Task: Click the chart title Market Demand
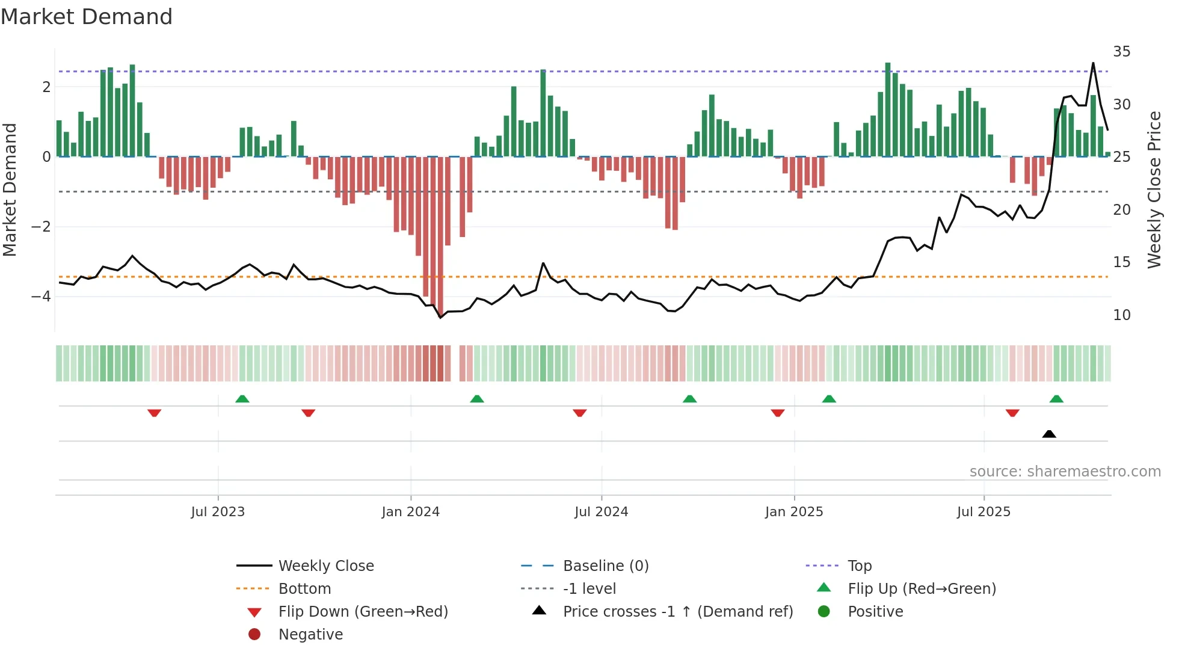87,17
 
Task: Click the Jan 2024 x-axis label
410,512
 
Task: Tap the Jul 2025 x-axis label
984,512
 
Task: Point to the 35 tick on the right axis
1121,52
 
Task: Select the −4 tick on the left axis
41,297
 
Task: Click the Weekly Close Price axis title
1154,190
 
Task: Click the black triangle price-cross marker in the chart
1049,434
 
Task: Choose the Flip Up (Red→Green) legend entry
922,589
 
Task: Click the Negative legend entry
310,635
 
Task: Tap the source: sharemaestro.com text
1065,472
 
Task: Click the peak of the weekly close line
1093,63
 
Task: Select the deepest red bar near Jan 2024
440,235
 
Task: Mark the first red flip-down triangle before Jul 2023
154,413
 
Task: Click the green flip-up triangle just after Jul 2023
242,399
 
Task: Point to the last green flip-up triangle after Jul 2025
1056,399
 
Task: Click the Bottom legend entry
304,589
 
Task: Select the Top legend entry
860,566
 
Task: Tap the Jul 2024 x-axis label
601,512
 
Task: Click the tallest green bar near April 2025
888,109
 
